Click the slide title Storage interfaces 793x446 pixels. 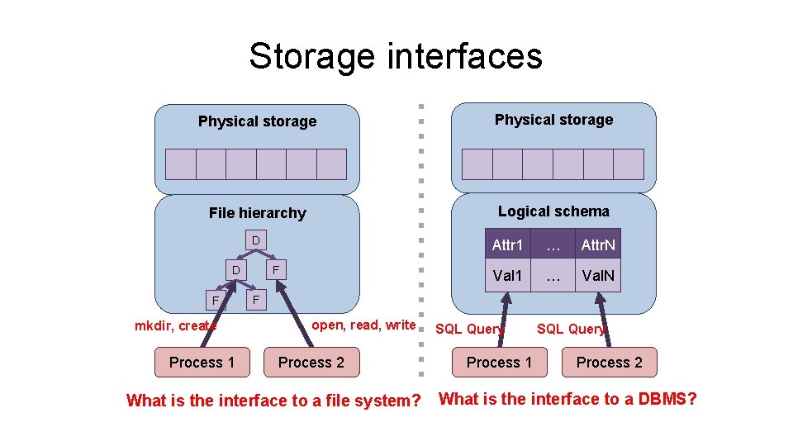pyautogui.click(x=396, y=57)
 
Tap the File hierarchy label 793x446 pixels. pyautogui.click(x=257, y=213)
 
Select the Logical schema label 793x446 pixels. pyautogui.click(x=553, y=211)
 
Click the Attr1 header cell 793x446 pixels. pyautogui.click(x=507, y=245)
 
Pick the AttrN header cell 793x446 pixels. pyautogui.click(x=598, y=245)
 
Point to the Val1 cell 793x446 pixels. pyautogui.click(x=507, y=276)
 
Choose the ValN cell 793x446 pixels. pyautogui.click(x=598, y=276)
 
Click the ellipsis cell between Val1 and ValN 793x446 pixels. pyautogui.click(x=553, y=276)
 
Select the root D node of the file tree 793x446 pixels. pyautogui.click(x=256, y=240)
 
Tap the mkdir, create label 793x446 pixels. pyautogui.click(x=175, y=325)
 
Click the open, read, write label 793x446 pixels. pyautogui.click(x=363, y=325)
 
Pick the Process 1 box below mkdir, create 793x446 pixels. pyautogui.click(x=202, y=362)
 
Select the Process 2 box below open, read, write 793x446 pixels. pyautogui.click(x=311, y=362)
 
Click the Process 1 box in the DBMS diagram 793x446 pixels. pyautogui.click(x=499, y=362)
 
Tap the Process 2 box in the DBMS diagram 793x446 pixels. pyautogui.click(x=609, y=362)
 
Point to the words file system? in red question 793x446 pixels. pyautogui.click(x=377, y=401)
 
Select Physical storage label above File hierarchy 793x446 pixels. pyautogui.click(x=257, y=121)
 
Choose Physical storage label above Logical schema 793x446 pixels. pyautogui.click(x=553, y=120)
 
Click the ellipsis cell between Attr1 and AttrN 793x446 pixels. pyautogui.click(x=553, y=245)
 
